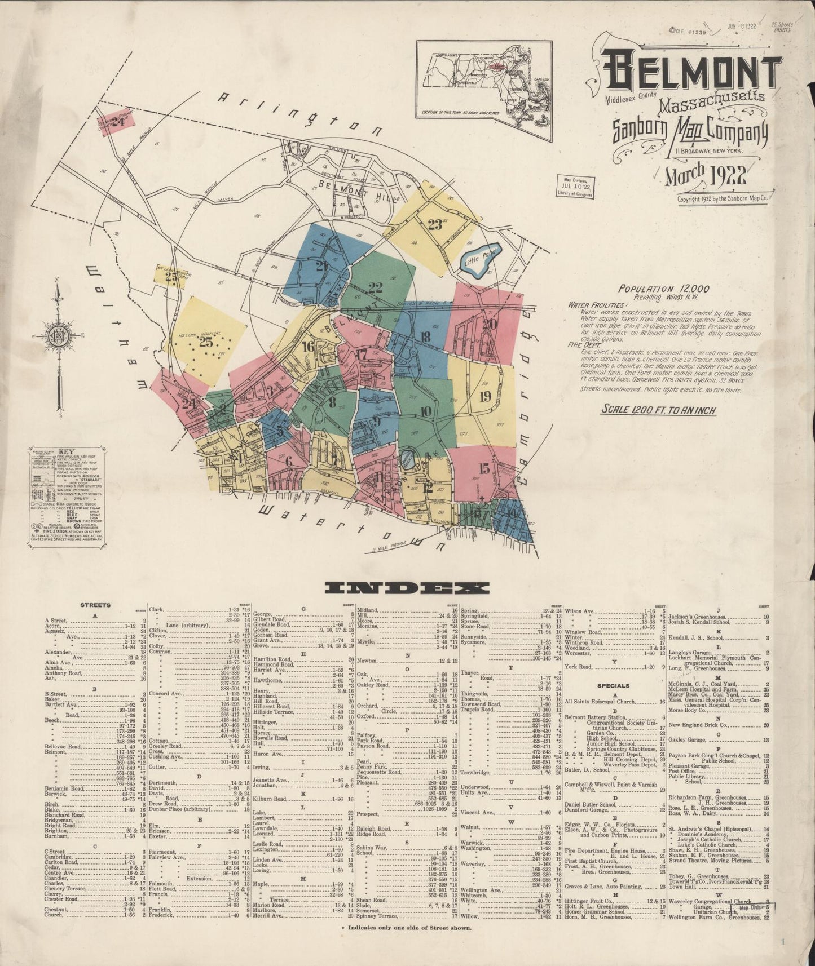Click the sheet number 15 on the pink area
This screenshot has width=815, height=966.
[x=484, y=468]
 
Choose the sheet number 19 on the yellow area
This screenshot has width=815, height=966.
[x=484, y=396]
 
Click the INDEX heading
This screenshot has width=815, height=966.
[x=407, y=588]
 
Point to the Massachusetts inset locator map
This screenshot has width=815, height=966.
[x=484, y=78]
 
